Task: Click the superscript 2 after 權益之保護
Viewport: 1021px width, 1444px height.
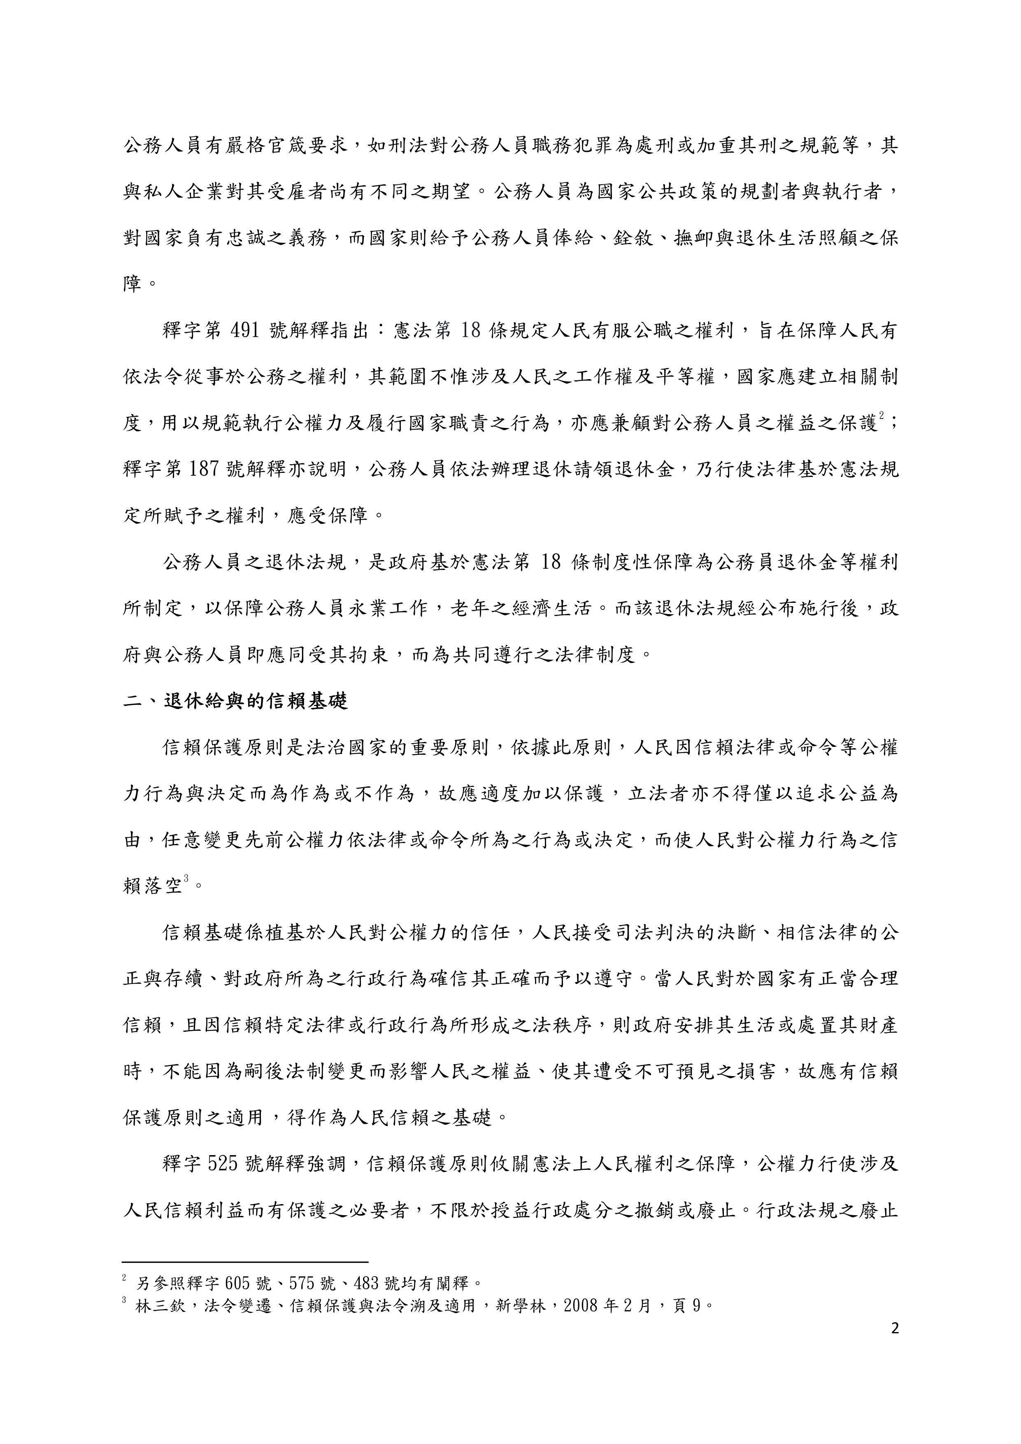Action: [882, 416]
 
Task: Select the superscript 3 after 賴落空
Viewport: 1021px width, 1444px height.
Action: [186, 879]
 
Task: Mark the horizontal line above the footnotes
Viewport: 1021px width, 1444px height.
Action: [245, 1262]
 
